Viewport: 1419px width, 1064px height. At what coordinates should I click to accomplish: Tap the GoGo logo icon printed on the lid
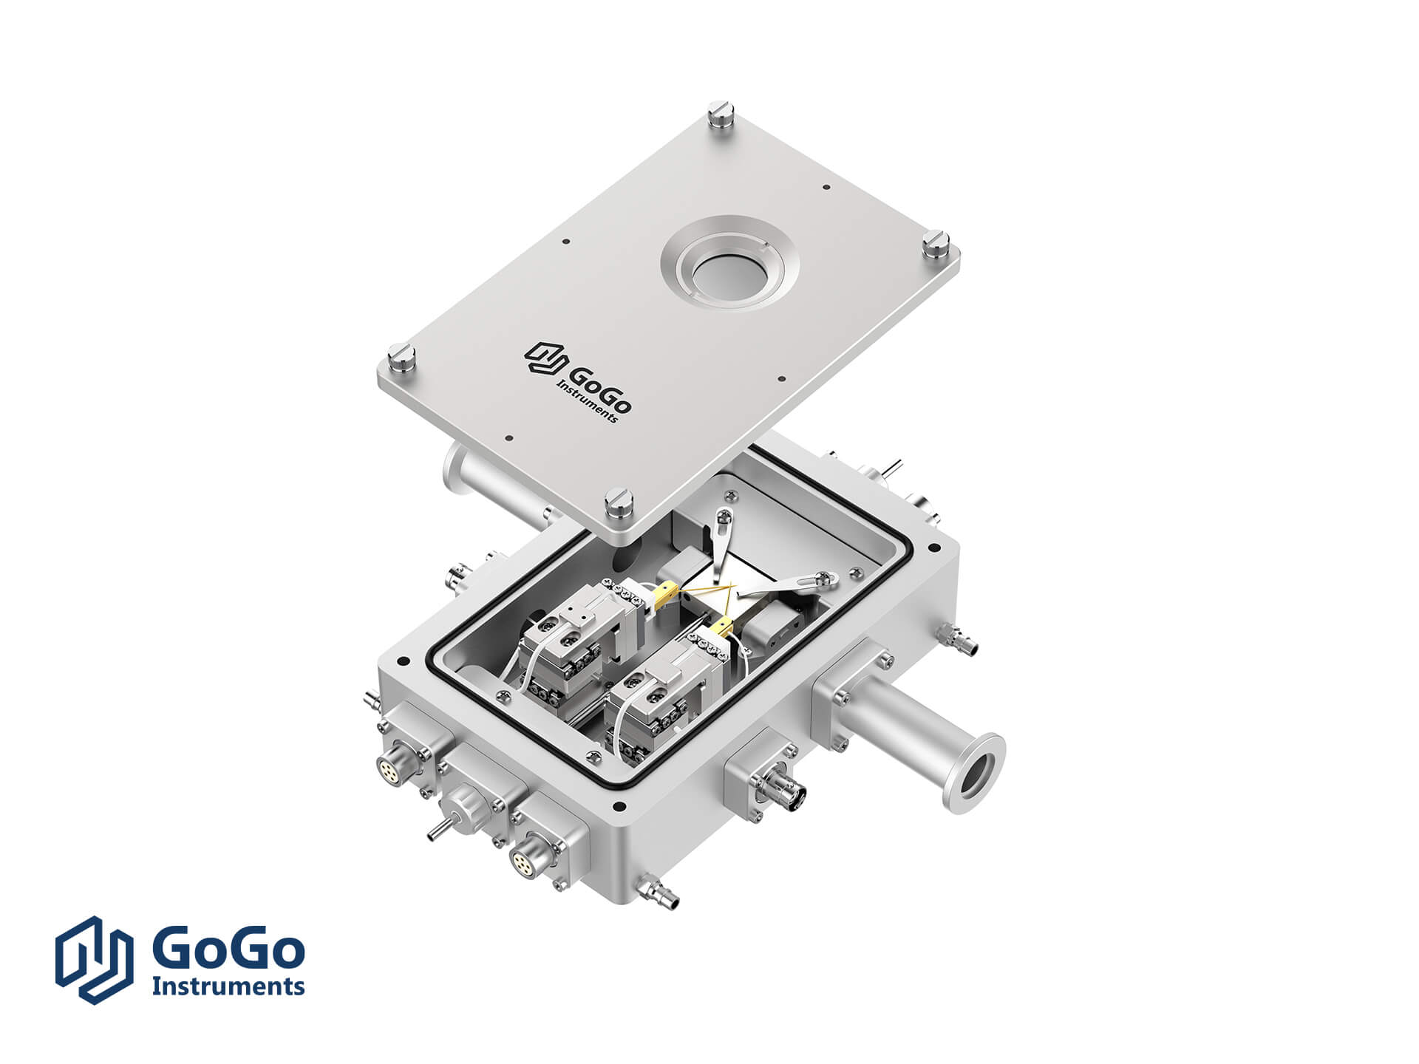click(x=545, y=358)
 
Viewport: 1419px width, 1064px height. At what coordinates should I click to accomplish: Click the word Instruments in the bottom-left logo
click(x=228, y=985)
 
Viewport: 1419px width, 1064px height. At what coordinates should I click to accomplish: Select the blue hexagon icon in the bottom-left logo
click(x=95, y=959)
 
